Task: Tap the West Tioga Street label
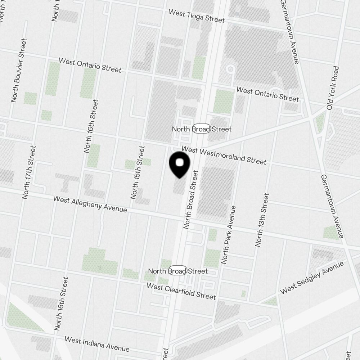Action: tap(197, 16)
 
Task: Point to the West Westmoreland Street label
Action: tap(224, 155)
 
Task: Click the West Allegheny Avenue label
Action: tap(90, 204)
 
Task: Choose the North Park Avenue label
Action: tap(229, 235)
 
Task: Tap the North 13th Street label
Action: tap(262, 220)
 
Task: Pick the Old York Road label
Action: tap(332, 88)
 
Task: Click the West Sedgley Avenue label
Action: tap(312, 278)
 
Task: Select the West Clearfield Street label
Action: tap(181, 291)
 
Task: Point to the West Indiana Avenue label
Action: tap(97, 344)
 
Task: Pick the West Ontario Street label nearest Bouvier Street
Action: tap(90, 65)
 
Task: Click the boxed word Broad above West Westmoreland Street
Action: tap(201, 129)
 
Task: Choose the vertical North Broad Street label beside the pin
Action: tap(191, 199)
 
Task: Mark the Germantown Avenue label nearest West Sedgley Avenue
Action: tap(332, 206)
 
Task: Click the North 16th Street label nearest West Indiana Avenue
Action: tap(61, 303)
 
